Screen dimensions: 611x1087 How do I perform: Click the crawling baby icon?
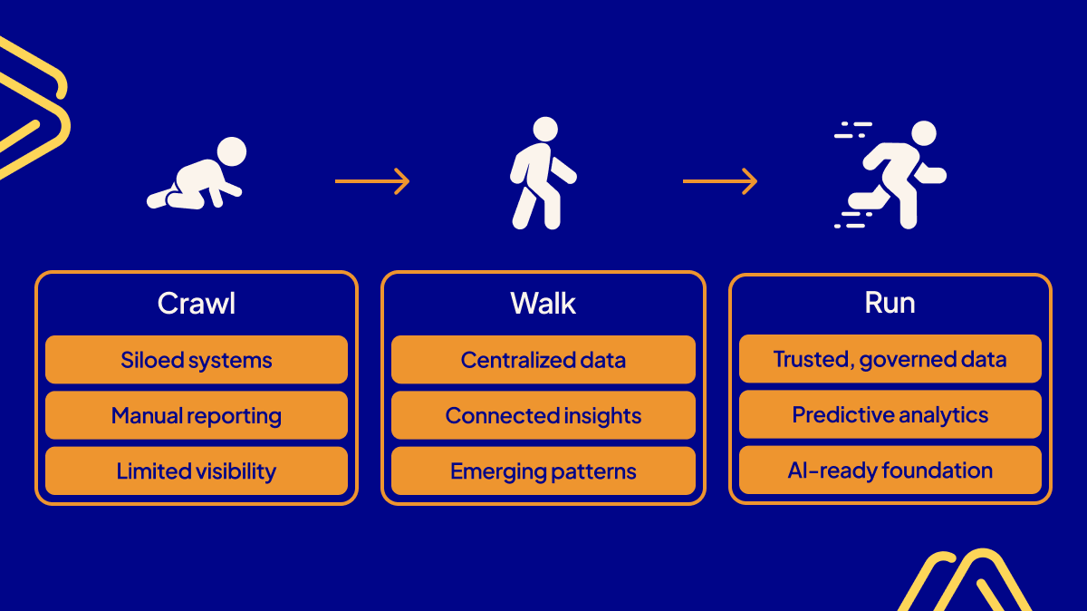pyautogui.click(x=197, y=176)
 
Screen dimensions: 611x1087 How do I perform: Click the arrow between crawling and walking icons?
pyautogui.click(x=372, y=181)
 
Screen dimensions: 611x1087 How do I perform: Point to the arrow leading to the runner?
pyautogui.click(x=720, y=181)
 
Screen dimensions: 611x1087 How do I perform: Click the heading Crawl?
pyautogui.click(x=197, y=304)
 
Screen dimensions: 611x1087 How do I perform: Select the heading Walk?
pyautogui.click(x=543, y=304)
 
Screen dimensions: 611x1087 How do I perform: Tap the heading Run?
pyautogui.click(x=890, y=304)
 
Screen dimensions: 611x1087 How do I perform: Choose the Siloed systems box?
pyautogui.click(x=197, y=360)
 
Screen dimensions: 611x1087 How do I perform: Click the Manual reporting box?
pyautogui.click(x=197, y=416)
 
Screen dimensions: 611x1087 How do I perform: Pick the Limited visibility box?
pyautogui.click(x=197, y=471)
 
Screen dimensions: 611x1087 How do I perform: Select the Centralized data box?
pyautogui.click(x=543, y=360)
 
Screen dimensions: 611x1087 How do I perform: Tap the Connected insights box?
pyautogui.click(x=543, y=416)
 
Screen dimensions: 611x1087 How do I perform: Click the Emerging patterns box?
pyautogui.click(x=543, y=471)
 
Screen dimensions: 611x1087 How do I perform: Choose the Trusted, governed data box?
pyautogui.click(x=890, y=359)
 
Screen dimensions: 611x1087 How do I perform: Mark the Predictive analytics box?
pyautogui.click(x=890, y=415)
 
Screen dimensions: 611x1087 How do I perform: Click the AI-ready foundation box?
pyautogui.click(x=890, y=470)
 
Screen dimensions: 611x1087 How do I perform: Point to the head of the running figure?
pyautogui.click(x=923, y=133)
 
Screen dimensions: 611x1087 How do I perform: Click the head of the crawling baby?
pyautogui.click(x=232, y=151)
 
